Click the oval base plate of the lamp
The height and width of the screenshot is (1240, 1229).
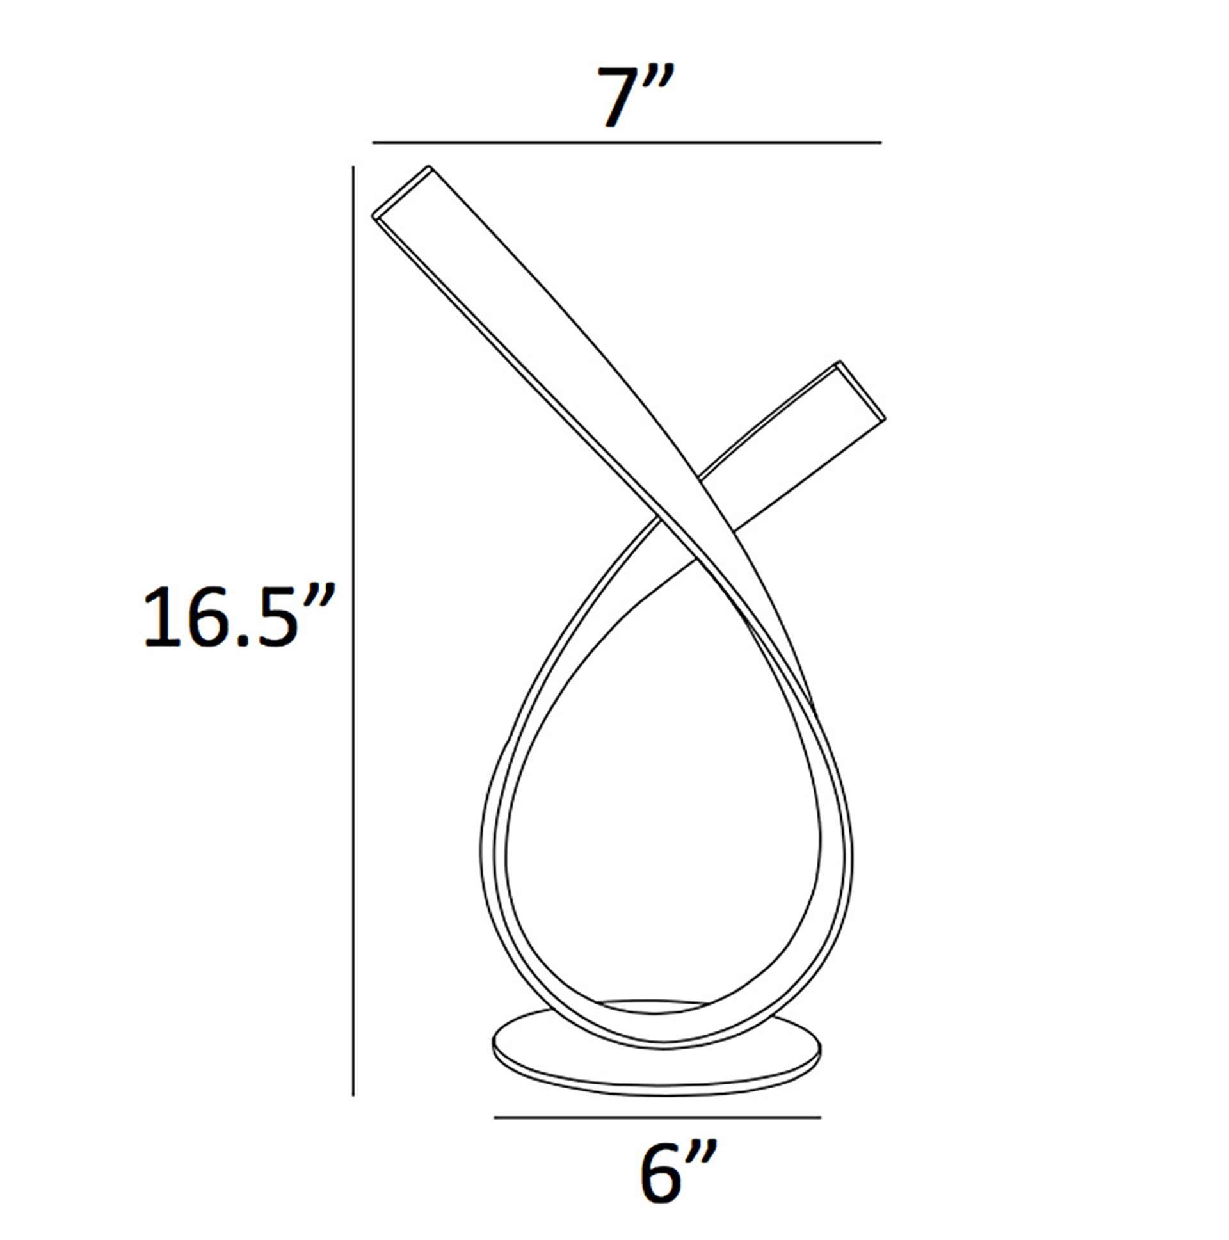tap(657, 1065)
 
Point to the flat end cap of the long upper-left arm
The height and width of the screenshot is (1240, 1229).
tap(402, 192)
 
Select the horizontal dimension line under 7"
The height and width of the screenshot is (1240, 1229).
tap(627, 143)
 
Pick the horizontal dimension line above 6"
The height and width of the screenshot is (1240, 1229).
tap(657, 1118)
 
